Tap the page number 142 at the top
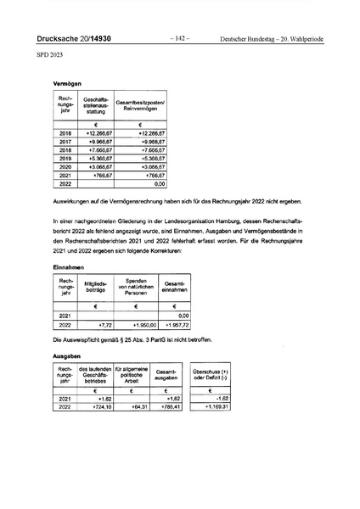click(x=180, y=38)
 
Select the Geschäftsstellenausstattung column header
click(x=97, y=106)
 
